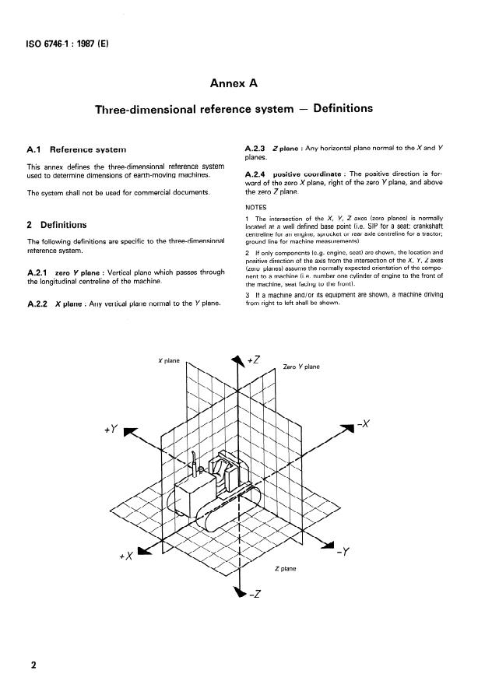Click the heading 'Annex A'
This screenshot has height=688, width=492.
point(246,82)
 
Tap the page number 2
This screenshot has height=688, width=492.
point(33,665)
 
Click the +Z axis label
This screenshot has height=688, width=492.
point(254,359)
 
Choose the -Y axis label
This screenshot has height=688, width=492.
point(344,554)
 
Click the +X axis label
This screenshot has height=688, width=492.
point(125,556)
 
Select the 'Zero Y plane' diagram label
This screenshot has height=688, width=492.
point(301,366)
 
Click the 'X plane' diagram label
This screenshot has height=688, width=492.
point(169,361)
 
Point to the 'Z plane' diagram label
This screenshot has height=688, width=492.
point(285,569)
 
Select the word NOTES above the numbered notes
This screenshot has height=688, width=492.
point(255,208)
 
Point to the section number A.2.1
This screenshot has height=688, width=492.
point(38,272)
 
